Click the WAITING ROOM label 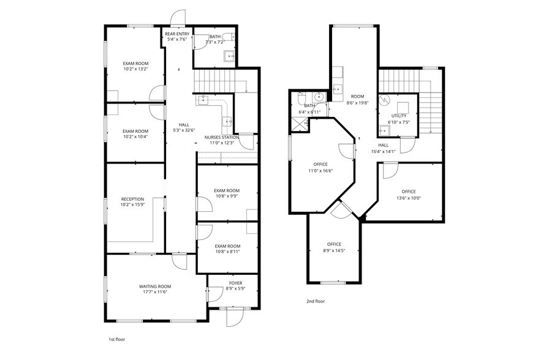coord(154,287)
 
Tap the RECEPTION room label coord(132,199)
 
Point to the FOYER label coord(235,283)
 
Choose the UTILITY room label coord(398,116)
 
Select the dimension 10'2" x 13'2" coord(135,69)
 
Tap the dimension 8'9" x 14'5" coord(334,250)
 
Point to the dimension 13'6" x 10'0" coord(409,198)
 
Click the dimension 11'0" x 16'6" coord(320,170)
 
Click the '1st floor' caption coord(116,339)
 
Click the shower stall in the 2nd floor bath coord(300,123)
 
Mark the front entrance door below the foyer coord(234,317)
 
